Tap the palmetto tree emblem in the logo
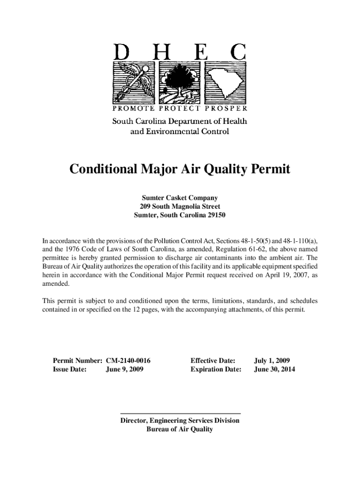[x=180, y=82]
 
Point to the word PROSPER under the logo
[x=227, y=109]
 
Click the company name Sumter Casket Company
[x=180, y=198]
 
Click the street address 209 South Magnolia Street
[x=180, y=207]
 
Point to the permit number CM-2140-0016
[x=131, y=361]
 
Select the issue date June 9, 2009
[x=125, y=370]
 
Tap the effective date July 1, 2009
[x=272, y=361]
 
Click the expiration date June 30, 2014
[x=274, y=370]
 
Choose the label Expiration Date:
[x=216, y=370]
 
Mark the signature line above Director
[x=180, y=414]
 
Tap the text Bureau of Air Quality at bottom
[x=180, y=429]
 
